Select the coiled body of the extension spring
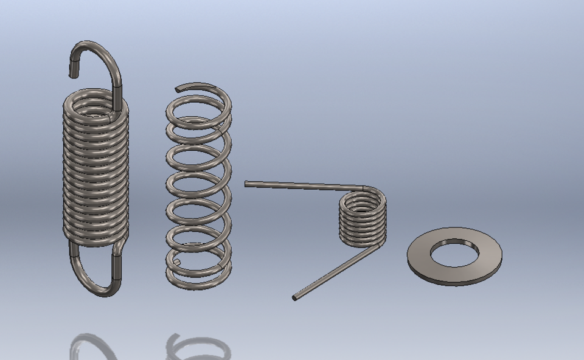click(96, 170)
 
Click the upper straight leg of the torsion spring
click(304, 185)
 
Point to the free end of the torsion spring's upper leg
click(247, 183)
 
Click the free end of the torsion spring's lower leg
click(295, 297)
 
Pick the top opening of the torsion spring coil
click(363, 201)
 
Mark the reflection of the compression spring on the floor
click(198, 347)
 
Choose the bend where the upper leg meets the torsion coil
click(364, 189)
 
